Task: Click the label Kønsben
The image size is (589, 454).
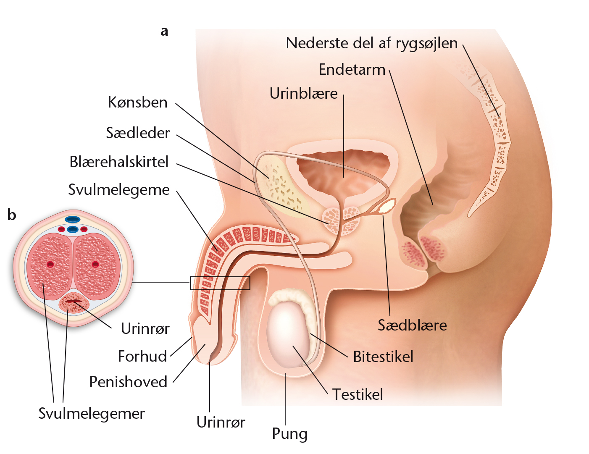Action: pyautogui.click(x=138, y=102)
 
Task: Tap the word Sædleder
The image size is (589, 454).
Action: pyautogui.click(x=138, y=133)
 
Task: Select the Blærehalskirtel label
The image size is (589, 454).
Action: pyautogui.click(x=119, y=162)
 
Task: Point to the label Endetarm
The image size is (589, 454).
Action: pyautogui.click(x=352, y=70)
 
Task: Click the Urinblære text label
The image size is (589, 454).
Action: pyautogui.click(x=304, y=94)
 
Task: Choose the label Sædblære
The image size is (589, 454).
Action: pyautogui.click(x=412, y=325)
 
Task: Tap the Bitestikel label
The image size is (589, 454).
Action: pyautogui.click(x=383, y=357)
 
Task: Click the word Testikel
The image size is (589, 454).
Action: pyautogui.click(x=358, y=394)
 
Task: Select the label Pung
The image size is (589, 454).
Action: pyautogui.click(x=289, y=434)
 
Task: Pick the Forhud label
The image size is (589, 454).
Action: pyautogui.click(x=142, y=356)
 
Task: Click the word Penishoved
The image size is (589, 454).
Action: pyautogui.click(x=128, y=382)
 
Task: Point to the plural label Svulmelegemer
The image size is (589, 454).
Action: pyautogui.click(x=92, y=414)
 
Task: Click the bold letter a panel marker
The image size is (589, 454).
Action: pyautogui.click(x=164, y=31)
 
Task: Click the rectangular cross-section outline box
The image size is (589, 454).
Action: pyautogui.click(x=220, y=277)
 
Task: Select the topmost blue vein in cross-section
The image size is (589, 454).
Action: pyautogui.click(x=73, y=219)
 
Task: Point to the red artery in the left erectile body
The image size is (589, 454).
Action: pyautogui.click(x=50, y=264)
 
